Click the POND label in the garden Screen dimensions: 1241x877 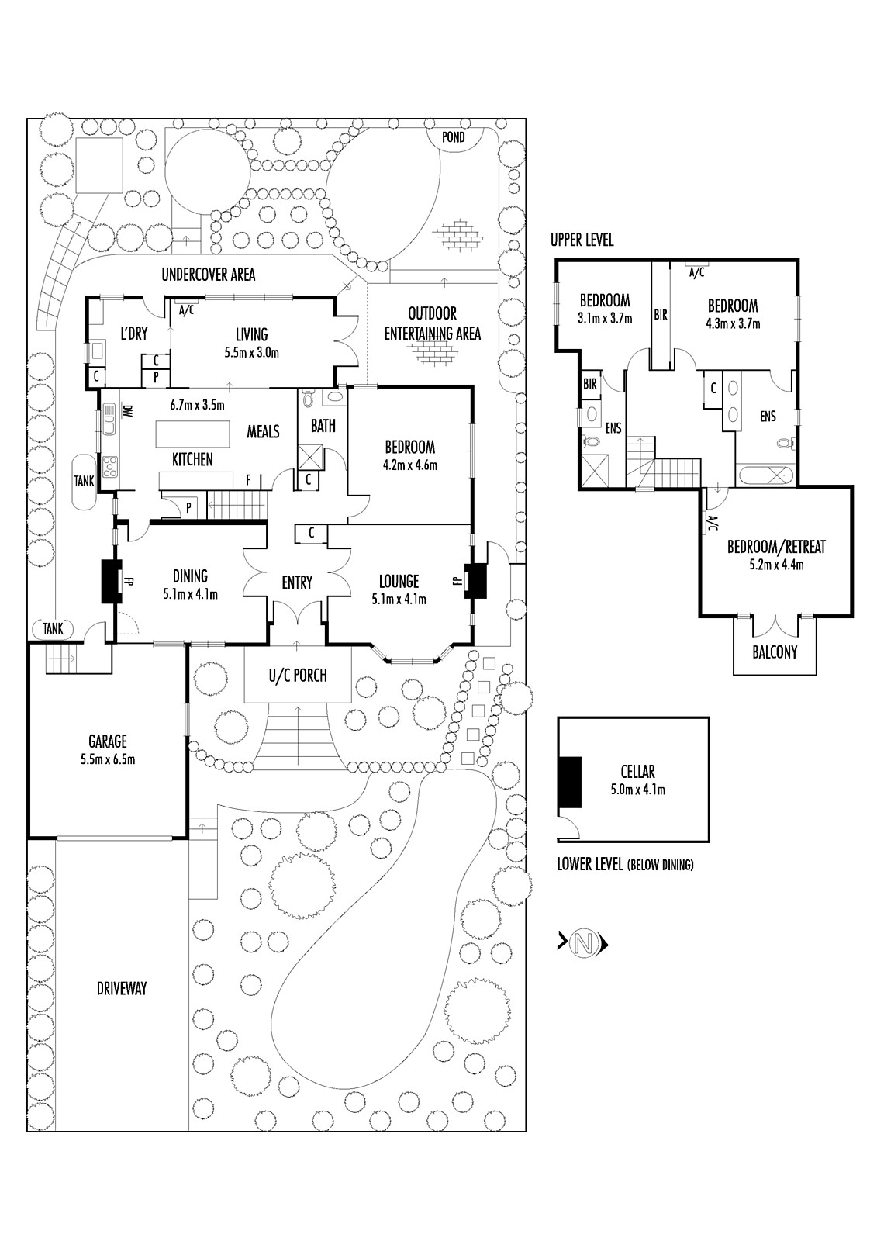pyautogui.click(x=454, y=137)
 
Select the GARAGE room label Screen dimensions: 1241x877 pyautogui.click(x=107, y=741)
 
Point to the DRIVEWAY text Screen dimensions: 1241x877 pyautogui.click(x=122, y=988)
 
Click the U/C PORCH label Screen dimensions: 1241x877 pyautogui.click(x=298, y=676)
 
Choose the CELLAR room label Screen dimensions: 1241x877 pyautogui.click(x=637, y=772)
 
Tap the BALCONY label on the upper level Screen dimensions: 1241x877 pyautogui.click(x=775, y=652)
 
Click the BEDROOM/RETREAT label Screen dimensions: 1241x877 pyautogui.click(x=776, y=547)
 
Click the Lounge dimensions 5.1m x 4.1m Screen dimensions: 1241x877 pyautogui.click(x=399, y=599)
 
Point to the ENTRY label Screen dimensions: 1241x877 pyautogui.click(x=297, y=582)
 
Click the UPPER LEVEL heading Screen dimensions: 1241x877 pyautogui.click(x=582, y=240)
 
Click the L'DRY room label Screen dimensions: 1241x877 pyautogui.click(x=133, y=334)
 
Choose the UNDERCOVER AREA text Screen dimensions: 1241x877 pyautogui.click(x=208, y=274)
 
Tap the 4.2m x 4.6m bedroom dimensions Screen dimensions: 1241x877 pyautogui.click(x=410, y=465)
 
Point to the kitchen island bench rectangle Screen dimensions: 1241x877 pyautogui.click(x=193, y=431)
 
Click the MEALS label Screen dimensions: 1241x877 pyautogui.click(x=263, y=431)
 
